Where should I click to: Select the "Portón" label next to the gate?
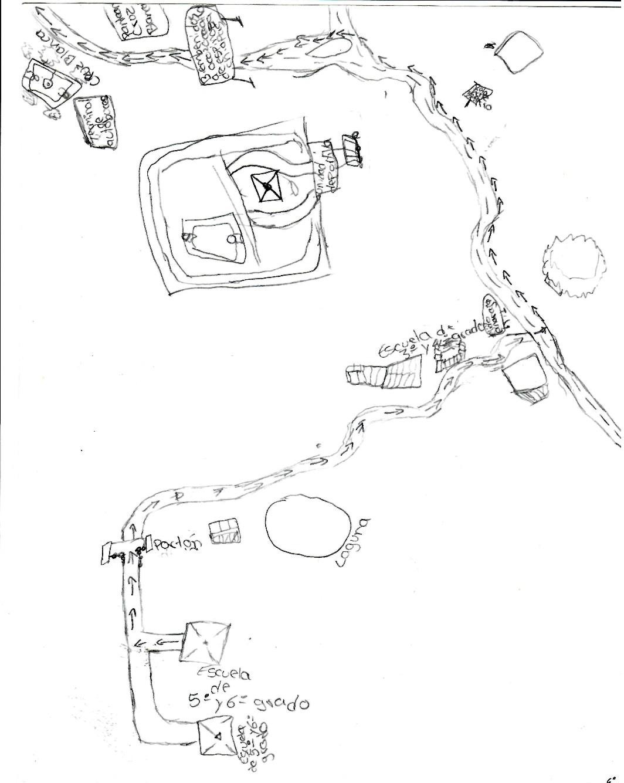point(177,543)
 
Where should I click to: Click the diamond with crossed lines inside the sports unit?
point(267,187)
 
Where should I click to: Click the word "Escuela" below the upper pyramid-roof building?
point(225,672)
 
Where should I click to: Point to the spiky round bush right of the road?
point(574,266)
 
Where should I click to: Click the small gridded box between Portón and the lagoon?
point(226,531)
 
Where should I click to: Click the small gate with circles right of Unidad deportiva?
point(351,150)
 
